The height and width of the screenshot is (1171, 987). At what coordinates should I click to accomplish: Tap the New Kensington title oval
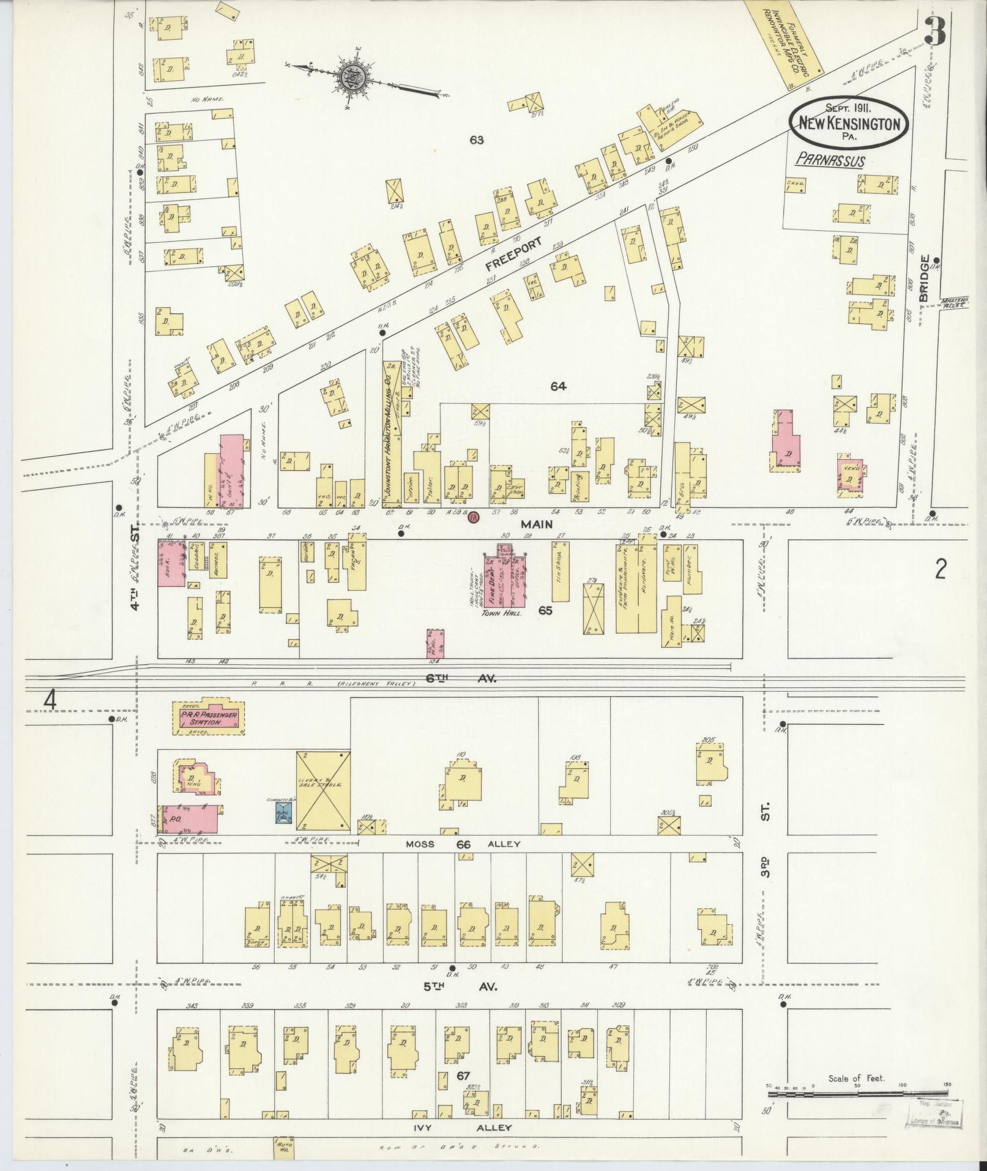[849, 124]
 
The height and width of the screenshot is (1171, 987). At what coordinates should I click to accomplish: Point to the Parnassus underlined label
[830, 161]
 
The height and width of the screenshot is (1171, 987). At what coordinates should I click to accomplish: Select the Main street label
[537, 525]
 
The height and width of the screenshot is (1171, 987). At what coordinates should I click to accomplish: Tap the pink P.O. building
[190, 819]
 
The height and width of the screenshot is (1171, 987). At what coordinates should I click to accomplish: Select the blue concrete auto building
[283, 812]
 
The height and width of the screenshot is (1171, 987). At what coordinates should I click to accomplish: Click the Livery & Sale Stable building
[324, 792]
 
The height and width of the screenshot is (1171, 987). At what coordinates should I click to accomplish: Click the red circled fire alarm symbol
[473, 518]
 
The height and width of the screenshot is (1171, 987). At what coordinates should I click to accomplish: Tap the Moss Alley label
[463, 845]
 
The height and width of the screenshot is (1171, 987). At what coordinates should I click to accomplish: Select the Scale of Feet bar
[857, 1092]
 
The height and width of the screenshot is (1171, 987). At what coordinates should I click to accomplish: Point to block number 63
[477, 140]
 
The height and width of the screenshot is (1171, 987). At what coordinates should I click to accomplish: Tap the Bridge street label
[923, 278]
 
